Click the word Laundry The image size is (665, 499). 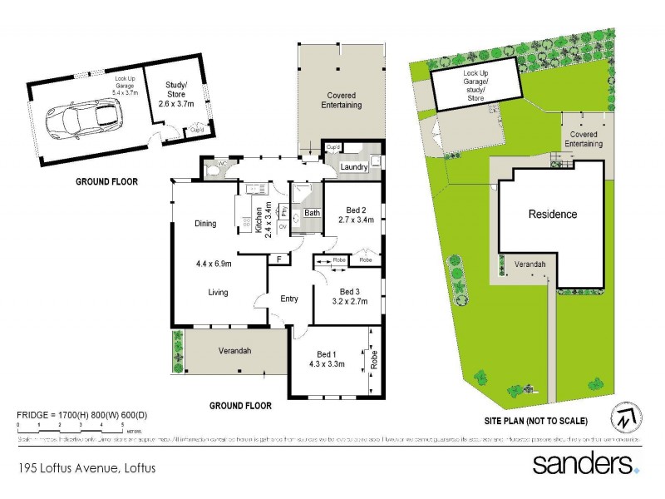coord(354,167)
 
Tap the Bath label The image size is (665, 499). coord(312,213)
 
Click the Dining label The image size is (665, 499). coord(205,223)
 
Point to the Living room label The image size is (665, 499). coord(219,292)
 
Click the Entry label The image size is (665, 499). coord(289,299)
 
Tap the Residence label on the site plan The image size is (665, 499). coord(553,214)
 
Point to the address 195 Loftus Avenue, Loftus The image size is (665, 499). coord(86,468)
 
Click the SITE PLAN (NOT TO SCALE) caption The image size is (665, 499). coord(538,420)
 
